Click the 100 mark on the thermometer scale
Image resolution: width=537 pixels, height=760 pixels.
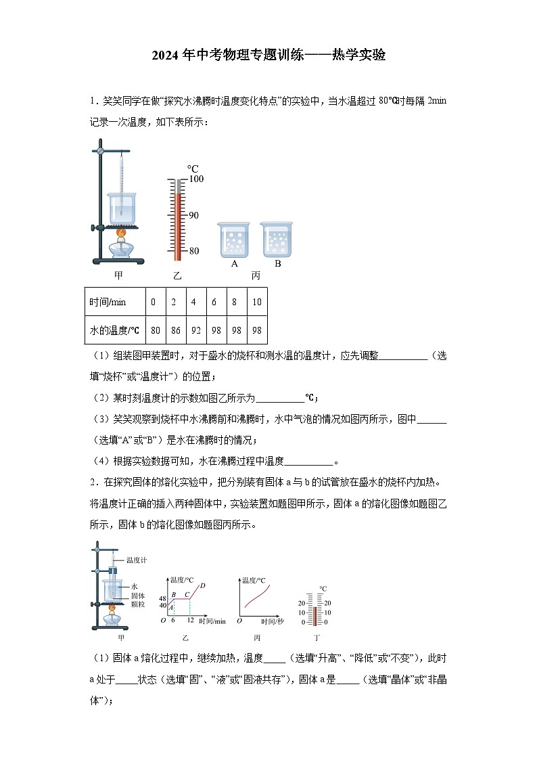195,179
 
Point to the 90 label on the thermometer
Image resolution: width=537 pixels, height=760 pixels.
193,215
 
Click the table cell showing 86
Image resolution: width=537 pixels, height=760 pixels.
173,330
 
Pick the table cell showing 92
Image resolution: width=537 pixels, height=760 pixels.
193,330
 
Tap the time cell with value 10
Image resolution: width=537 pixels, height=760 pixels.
256,302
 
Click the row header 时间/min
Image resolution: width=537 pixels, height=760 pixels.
108,302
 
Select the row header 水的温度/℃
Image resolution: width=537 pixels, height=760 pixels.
114,330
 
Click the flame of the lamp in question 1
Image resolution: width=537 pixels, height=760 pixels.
122,233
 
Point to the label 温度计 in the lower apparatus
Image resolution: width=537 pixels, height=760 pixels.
136,560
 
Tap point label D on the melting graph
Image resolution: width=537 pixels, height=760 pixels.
203,585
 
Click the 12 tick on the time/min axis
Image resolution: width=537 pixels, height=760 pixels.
190,621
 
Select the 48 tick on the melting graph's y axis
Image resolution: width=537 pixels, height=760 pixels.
162,599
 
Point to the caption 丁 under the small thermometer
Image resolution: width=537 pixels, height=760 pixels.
317,638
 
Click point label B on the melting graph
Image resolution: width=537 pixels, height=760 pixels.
174,594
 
